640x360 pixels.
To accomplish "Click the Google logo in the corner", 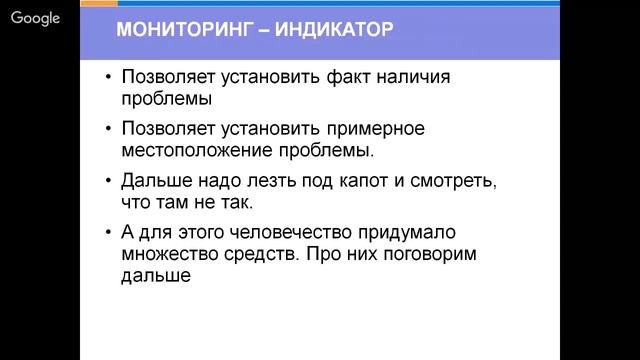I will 36,17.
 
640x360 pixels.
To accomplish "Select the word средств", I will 260,254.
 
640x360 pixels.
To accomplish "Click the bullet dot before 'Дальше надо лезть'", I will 108,182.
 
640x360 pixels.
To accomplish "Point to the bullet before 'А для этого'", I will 108,233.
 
